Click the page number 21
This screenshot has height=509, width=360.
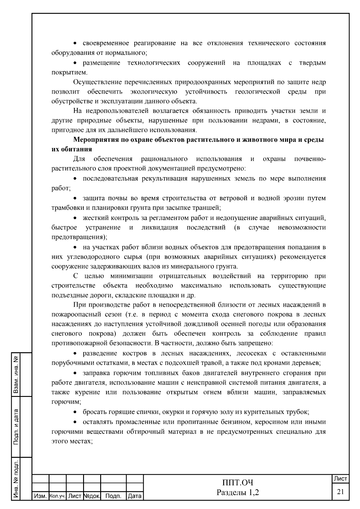pyautogui.click(x=340, y=492)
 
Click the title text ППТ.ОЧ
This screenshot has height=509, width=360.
pyautogui.click(x=238, y=483)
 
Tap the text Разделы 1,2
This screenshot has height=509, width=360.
pyautogui.click(x=238, y=492)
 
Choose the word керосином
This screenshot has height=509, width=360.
pyautogui.click(x=264, y=422)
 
